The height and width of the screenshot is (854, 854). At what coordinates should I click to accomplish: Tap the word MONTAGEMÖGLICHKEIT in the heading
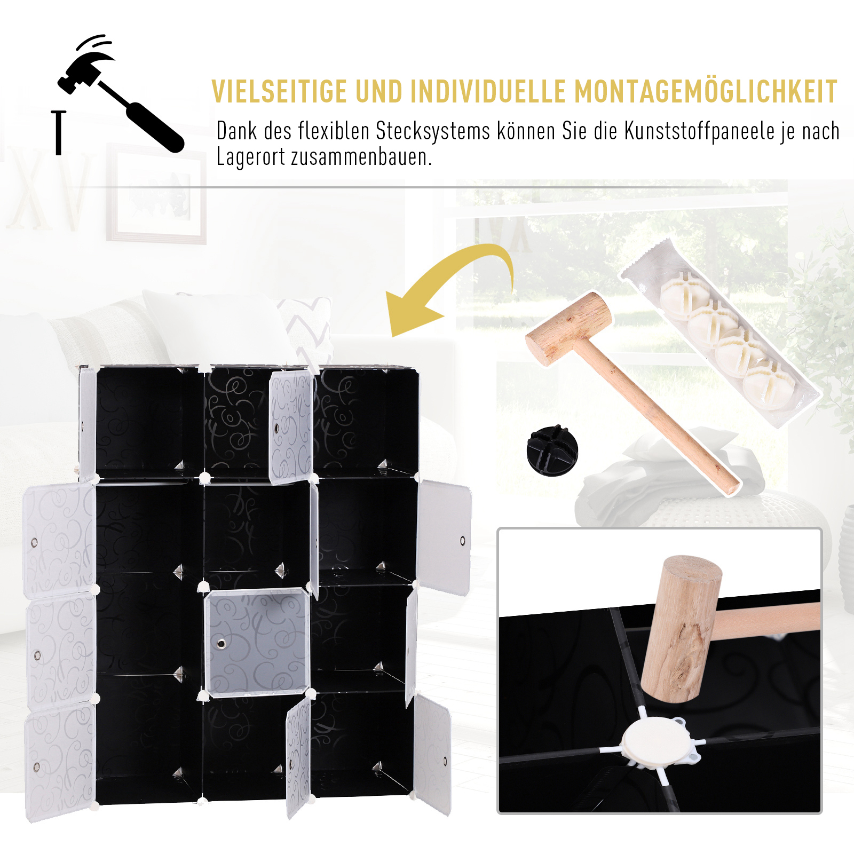point(706,92)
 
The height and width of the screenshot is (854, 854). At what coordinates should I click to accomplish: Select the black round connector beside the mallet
point(552,450)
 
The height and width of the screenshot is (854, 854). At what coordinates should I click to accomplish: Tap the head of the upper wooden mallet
point(569,328)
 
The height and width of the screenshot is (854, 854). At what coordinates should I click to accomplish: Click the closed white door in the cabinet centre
point(257,643)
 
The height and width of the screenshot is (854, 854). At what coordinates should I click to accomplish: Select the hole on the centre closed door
point(222,644)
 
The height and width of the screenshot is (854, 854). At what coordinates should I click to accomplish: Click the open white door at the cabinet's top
point(290,427)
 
